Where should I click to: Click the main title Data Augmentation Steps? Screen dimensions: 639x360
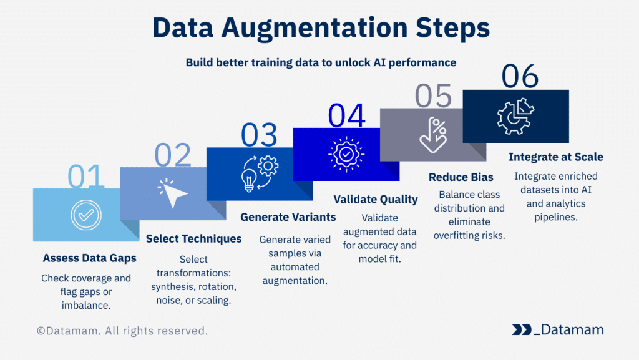pyautogui.click(x=321, y=28)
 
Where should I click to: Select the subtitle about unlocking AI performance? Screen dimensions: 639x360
pyautogui.click(x=321, y=62)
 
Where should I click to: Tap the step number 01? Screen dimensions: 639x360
pyautogui.click(x=86, y=177)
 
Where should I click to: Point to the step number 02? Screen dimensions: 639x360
pyautogui.click(x=173, y=155)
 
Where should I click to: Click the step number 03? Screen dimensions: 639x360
pyautogui.click(x=260, y=135)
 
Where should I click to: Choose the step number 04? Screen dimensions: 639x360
pyautogui.click(x=346, y=115)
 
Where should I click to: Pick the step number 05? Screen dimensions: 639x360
pyautogui.click(x=433, y=96)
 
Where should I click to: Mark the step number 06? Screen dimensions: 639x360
pyautogui.click(x=520, y=76)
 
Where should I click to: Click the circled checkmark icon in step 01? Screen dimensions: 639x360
pyautogui.click(x=86, y=215)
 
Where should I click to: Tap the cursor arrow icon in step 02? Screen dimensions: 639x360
pyautogui.click(x=172, y=193)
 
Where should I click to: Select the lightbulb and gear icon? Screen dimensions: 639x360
pyautogui.click(x=260, y=173)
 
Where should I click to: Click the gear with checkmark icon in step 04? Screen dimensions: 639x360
pyautogui.click(x=346, y=154)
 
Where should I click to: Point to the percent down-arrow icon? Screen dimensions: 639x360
pyautogui.click(x=433, y=135)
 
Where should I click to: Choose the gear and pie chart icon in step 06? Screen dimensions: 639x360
pyautogui.click(x=515, y=116)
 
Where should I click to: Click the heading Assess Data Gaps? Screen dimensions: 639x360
pyautogui.click(x=90, y=258)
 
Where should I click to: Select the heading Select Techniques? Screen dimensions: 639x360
pyautogui.click(x=193, y=238)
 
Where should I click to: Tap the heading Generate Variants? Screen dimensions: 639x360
pyautogui.click(x=288, y=217)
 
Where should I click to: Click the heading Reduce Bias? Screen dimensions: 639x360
pyautogui.click(x=461, y=177)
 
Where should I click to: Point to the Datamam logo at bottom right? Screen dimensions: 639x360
pyautogui.click(x=558, y=329)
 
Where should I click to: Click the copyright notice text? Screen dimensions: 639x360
pyautogui.click(x=122, y=331)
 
